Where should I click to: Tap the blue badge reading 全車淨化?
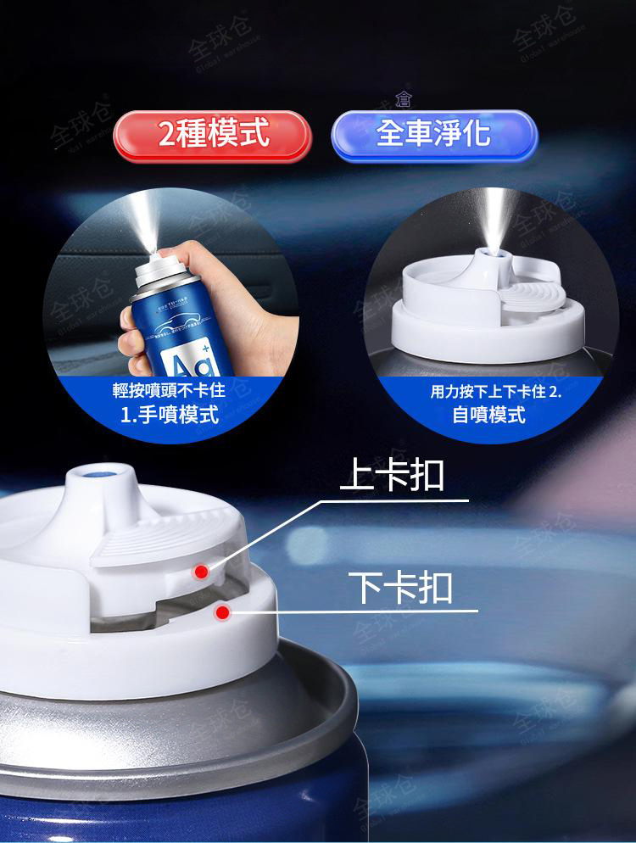(433, 134)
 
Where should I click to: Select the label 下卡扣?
(400, 587)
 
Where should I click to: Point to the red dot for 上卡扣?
(201, 572)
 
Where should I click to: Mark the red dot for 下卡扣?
(222, 611)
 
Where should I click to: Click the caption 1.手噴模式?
(170, 415)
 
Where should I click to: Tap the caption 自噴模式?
(488, 415)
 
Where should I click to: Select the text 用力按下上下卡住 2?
(496, 392)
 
